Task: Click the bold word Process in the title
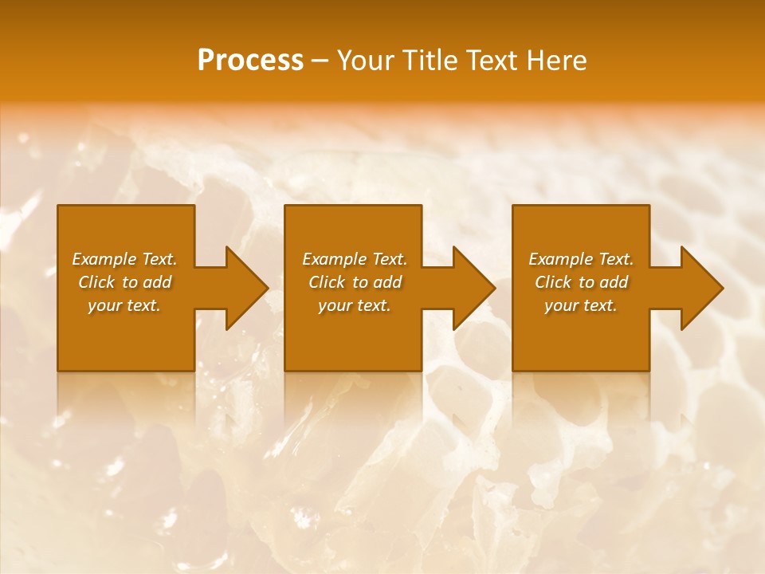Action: pyautogui.click(x=250, y=61)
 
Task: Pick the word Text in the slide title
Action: pyautogui.click(x=492, y=61)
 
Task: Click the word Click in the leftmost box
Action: pyautogui.click(x=96, y=282)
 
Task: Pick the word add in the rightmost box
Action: pyautogui.click(x=614, y=282)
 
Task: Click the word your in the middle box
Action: pyautogui.click(x=335, y=306)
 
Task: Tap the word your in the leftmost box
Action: pyautogui.click(x=104, y=306)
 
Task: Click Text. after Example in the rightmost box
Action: pyautogui.click(x=615, y=259)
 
